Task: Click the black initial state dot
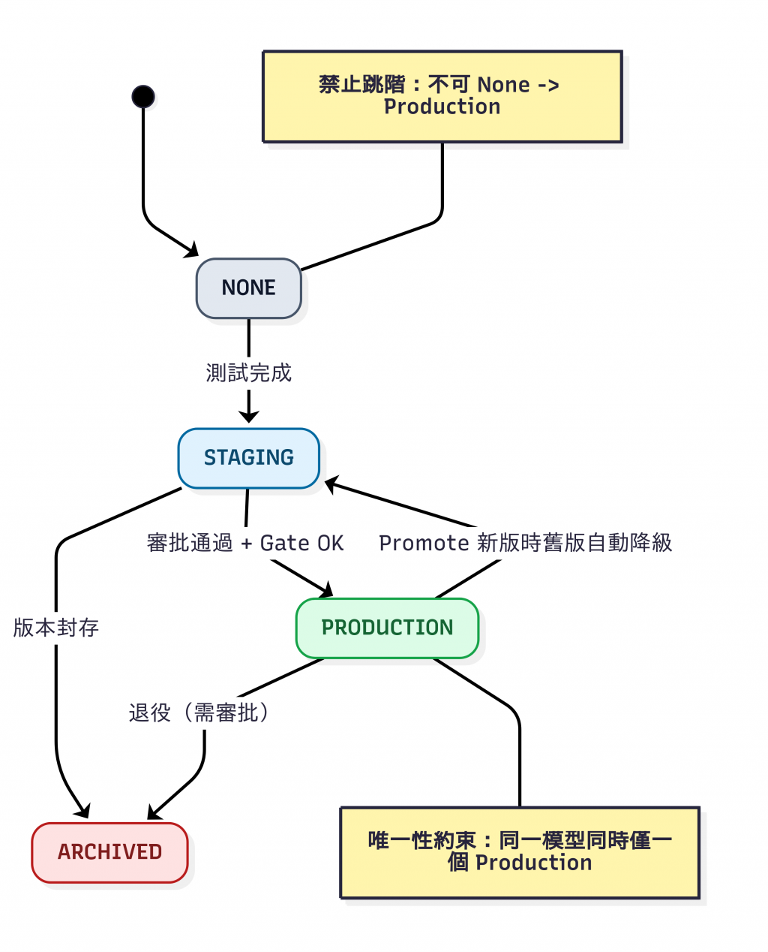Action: pyautogui.click(x=143, y=97)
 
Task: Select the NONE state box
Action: pyautogui.click(x=249, y=288)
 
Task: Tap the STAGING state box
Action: pyautogui.click(x=249, y=458)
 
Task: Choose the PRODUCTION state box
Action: pyautogui.click(x=387, y=628)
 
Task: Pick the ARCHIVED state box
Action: pyautogui.click(x=109, y=852)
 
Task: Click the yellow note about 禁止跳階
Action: pyautogui.click(x=442, y=96)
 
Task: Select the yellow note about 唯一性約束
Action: pyautogui.click(x=520, y=852)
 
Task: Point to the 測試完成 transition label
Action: pyautogui.click(x=249, y=373)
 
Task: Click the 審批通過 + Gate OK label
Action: pyautogui.click(x=245, y=544)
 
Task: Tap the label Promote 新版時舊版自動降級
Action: pyautogui.click(x=525, y=544)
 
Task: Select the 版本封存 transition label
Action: pyautogui.click(x=56, y=628)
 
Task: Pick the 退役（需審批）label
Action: pyautogui.click(x=199, y=713)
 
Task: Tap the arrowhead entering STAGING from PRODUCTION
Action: pyautogui.click(x=332, y=485)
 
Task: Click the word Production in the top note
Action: pyautogui.click(x=442, y=107)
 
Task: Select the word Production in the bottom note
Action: pyautogui.click(x=534, y=863)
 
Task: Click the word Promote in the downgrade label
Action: pyautogui.click(x=424, y=544)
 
